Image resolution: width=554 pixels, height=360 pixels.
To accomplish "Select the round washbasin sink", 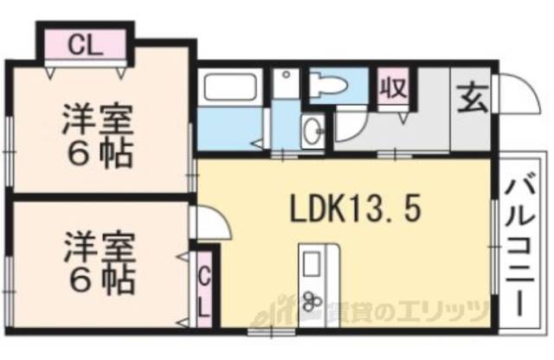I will pyautogui.click(x=312, y=132).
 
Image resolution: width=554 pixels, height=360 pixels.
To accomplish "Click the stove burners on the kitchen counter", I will pyautogui.click(x=312, y=303).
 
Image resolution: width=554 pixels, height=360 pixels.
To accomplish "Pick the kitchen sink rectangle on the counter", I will pyautogui.click(x=312, y=261).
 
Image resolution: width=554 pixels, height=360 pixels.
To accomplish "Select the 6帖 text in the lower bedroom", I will pyautogui.click(x=97, y=279).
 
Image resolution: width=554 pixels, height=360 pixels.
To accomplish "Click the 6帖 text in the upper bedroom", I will pyautogui.click(x=97, y=156).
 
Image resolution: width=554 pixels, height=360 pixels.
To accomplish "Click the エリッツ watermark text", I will pyautogui.click(x=450, y=308).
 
